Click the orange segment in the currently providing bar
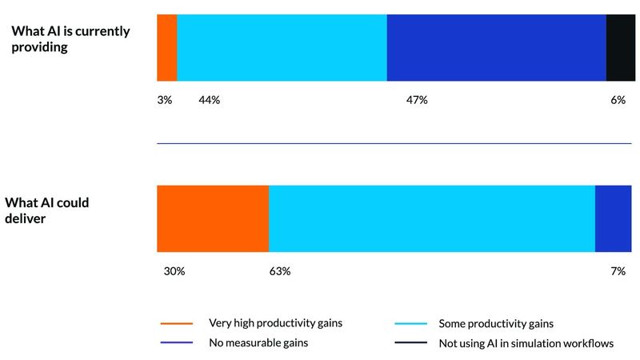(166, 48)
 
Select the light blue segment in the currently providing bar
(282, 48)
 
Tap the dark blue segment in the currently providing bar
(496, 48)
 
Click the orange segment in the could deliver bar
(213, 218)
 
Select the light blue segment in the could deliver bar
(432, 218)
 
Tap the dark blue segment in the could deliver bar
(614, 218)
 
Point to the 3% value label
(165, 100)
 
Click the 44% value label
(209, 100)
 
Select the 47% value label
(418, 100)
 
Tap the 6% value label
(618, 100)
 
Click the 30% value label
(174, 271)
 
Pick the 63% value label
(280, 271)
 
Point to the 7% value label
(618, 271)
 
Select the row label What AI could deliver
(47, 210)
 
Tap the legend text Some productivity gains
(496, 323)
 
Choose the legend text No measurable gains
(257, 343)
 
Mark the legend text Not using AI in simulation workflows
(526, 343)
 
